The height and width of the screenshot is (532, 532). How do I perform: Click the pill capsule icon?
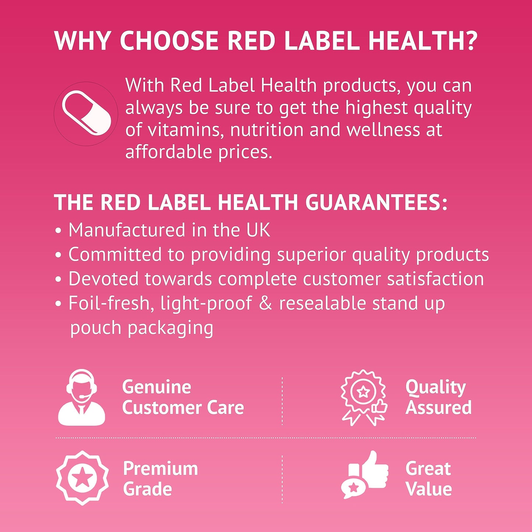click(x=87, y=113)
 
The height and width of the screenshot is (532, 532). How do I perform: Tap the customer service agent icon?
click(x=82, y=398)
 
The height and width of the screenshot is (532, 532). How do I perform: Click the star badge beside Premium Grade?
click(x=82, y=478)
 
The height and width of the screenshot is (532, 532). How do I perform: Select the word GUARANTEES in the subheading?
click(x=376, y=202)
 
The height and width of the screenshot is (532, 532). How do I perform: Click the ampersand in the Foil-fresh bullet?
click(x=265, y=303)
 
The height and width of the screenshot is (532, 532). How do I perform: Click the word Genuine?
click(x=156, y=387)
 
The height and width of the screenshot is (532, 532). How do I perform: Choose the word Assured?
click(x=438, y=408)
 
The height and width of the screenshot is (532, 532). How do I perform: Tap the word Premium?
click(x=161, y=469)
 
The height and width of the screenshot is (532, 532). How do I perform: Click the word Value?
click(x=429, y=489)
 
